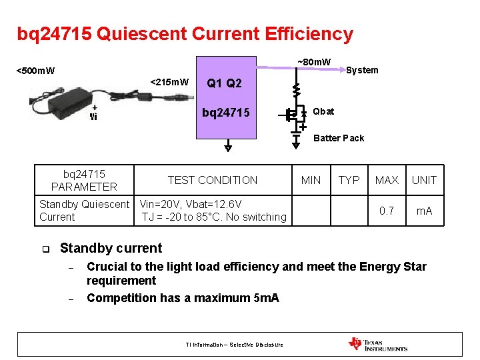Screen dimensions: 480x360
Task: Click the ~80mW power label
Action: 313,63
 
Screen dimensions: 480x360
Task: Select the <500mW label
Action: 35,71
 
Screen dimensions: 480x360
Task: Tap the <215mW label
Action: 169,82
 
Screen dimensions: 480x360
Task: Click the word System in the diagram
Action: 362,70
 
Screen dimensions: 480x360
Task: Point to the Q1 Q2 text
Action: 224,83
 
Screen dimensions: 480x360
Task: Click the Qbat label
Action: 323,111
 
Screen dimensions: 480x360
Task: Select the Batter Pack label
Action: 339,138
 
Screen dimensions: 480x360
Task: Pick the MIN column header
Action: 311,180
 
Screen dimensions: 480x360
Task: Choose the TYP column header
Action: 349,180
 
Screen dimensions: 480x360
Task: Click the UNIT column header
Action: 424,180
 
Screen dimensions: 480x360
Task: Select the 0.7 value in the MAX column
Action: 387,211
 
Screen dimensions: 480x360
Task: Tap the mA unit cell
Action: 424,211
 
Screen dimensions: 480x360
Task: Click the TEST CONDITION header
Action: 212,180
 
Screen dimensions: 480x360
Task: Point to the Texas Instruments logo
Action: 377,344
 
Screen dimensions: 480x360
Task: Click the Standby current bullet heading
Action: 111,248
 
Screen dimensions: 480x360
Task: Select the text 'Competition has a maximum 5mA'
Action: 183,297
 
